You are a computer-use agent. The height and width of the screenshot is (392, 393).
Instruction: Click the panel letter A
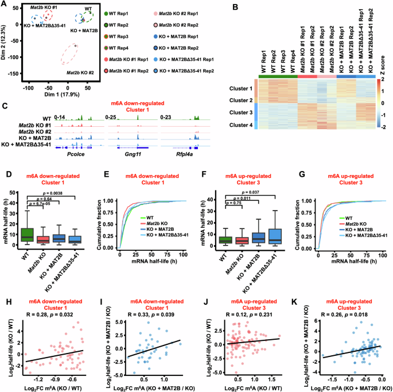pos(5,5)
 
